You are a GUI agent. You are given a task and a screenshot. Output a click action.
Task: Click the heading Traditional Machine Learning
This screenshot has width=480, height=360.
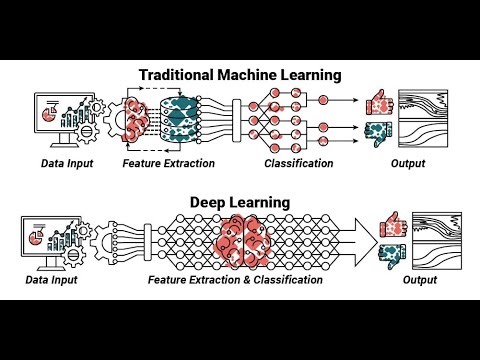[240, 74]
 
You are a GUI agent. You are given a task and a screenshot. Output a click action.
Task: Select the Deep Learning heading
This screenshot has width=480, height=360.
[240, 202]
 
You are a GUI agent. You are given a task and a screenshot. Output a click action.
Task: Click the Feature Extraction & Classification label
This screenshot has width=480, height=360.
[235, 281]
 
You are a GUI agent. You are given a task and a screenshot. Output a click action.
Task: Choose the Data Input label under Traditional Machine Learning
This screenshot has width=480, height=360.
[69, 163]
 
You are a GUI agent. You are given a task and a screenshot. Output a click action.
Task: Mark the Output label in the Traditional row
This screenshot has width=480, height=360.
[407, 163]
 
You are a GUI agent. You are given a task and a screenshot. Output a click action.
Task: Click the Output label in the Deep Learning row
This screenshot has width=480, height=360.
[419, 281]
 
